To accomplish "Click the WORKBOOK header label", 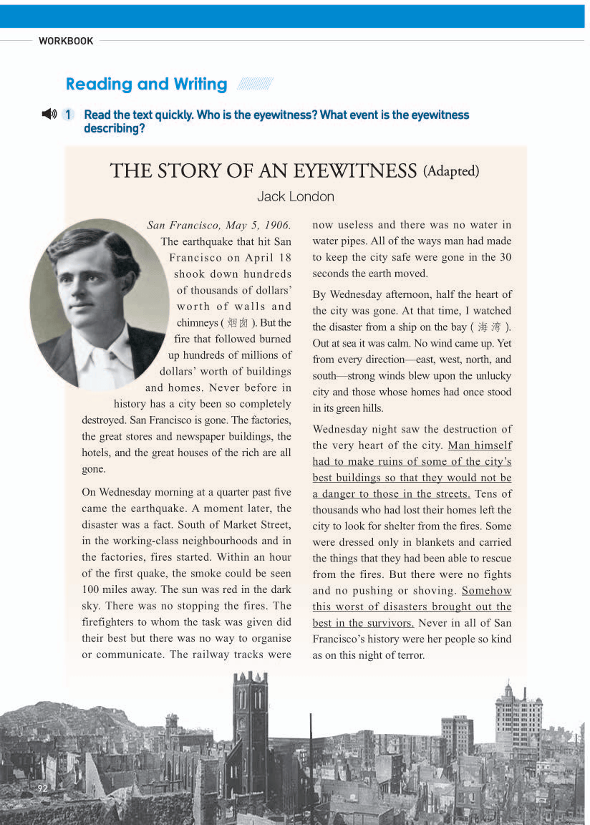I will pos(66,42).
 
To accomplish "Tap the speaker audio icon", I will pos(49,114).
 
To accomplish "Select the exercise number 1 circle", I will pos(68,115).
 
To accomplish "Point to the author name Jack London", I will pos(295,196).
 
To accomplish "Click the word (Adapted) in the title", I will pos(451,171).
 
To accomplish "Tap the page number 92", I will pos(42,788).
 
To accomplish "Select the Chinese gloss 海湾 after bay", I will pos(489,327).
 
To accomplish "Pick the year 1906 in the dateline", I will pos(276,226).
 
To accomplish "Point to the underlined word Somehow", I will pos(486,591).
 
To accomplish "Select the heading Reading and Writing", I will pos(146,85).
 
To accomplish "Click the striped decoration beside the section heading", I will pos(255,85).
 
